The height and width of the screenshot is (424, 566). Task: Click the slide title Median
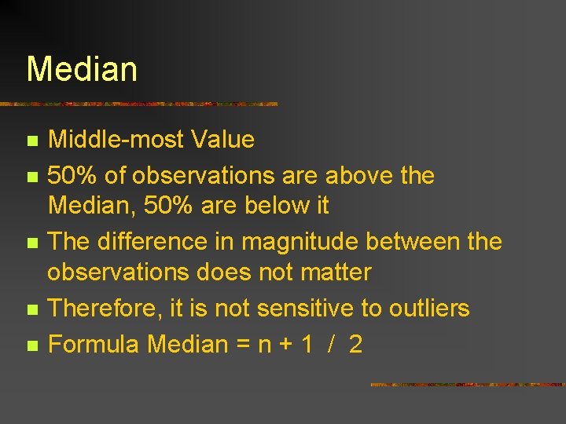click(82, 69)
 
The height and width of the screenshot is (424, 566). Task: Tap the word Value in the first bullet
click(222, 140)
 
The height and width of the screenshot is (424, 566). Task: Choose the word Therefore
click(105, 309)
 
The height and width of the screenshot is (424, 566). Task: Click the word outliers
click(429, 309)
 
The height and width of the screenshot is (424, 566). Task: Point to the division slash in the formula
click(333, 344)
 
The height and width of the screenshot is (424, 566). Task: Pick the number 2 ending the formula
click(355, 344)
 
